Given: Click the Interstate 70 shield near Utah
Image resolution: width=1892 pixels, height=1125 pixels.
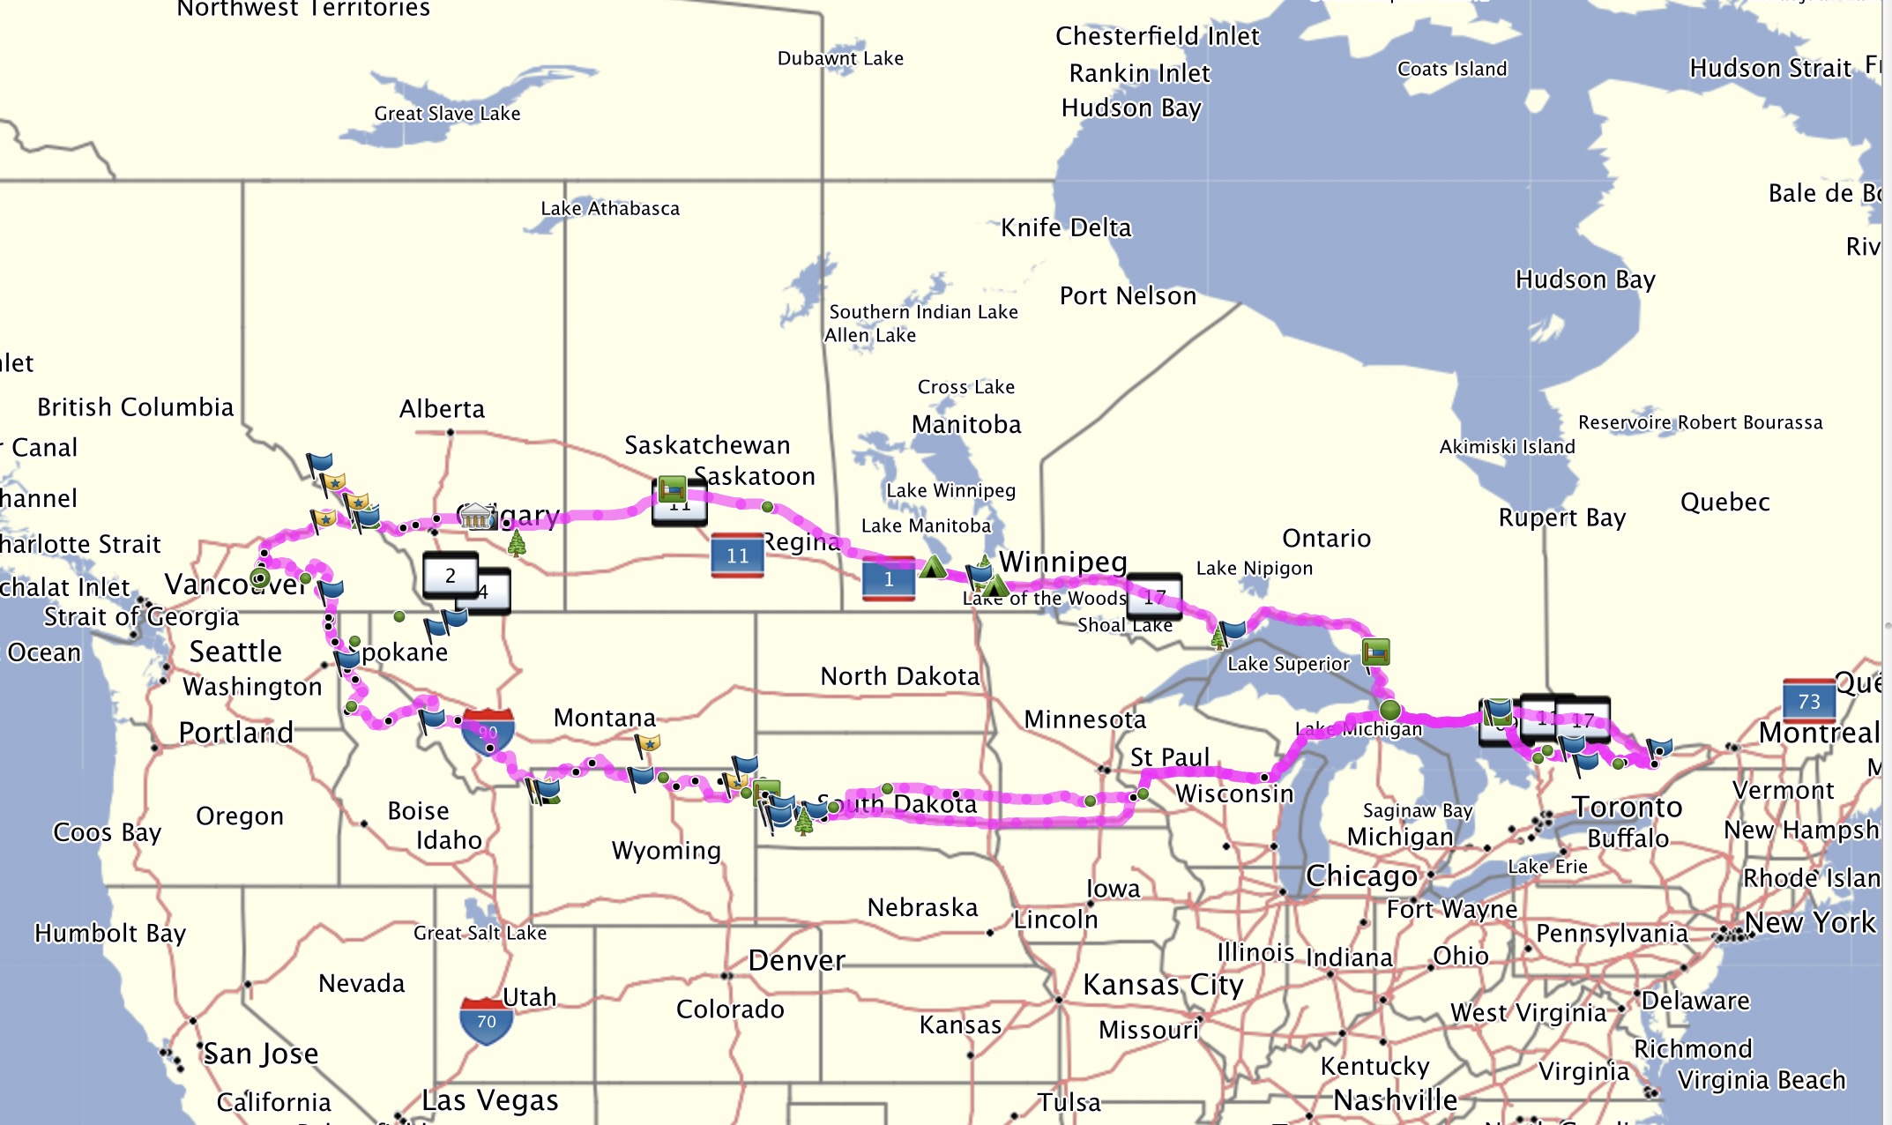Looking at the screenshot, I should click(486, 1020).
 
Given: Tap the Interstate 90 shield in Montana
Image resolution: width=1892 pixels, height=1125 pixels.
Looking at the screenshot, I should click(488, 731).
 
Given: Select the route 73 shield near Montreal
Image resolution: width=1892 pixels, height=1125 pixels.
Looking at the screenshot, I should click(1808, 701).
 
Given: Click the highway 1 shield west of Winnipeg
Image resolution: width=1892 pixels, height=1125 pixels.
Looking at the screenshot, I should click(888, 578).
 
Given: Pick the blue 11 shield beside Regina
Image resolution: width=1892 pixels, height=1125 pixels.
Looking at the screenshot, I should click(737, 555).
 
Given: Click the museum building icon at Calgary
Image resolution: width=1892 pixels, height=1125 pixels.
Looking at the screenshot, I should click(475, 516).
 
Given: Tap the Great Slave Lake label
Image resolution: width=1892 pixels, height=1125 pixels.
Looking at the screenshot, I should click(447, 114).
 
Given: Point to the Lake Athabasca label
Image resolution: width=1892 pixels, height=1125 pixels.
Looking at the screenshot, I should click(610, 209).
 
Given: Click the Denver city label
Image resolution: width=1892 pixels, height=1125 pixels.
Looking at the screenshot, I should click(796, 960).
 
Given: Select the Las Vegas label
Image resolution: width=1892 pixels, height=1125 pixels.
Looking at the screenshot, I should click(490, 1100).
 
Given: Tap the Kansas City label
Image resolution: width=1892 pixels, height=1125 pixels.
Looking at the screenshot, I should click(1163, 984).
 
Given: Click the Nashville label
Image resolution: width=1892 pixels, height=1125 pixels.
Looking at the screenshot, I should click(1395, 1100).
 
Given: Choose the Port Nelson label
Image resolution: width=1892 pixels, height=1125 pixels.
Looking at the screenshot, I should click(1128, 296).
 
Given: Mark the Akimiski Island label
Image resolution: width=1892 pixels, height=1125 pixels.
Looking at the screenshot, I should click(1507, 447).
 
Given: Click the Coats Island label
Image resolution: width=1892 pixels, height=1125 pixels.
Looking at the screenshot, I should click(1452, 69).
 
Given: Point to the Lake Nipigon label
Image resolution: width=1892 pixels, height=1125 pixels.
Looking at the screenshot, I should click(1254, 569).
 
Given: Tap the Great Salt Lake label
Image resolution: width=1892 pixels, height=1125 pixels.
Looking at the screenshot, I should click(480, 933).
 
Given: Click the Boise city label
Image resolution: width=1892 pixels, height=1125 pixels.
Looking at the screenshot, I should click(418, 811).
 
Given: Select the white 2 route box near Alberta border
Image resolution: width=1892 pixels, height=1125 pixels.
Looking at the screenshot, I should click(451, 576).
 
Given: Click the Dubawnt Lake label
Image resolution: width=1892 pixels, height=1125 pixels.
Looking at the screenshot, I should click(840, 58).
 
